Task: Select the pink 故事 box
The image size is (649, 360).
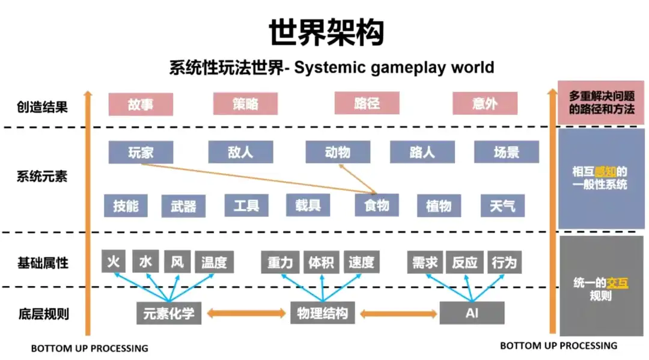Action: [x=141, y=103]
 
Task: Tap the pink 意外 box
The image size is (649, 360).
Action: [x=484, y=103]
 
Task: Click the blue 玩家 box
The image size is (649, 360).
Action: [x=141, y=152]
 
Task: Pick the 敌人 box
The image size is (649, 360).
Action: [x=240, y=152]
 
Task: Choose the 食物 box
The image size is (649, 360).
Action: [x=377, y=206]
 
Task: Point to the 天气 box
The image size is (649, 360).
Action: [x=502, y=206]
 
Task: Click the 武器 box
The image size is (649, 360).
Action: [x=183, y=206]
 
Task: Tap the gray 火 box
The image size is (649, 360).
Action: [x=114, y=262]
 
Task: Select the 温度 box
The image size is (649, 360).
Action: [x=214, y=263]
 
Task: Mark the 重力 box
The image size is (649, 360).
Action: [x=280, y=263]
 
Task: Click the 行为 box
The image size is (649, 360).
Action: [x=504, y=263]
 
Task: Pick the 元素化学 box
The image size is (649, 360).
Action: [x=169, y=313]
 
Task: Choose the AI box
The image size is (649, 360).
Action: [x=472, y=313]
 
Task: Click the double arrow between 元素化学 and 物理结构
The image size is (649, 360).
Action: [x=246, y=313]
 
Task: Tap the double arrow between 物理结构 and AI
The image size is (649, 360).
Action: [x=398, y=313]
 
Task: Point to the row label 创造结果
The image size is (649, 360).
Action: [x=42, y=107]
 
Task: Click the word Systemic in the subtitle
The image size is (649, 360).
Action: [x=328, y=67]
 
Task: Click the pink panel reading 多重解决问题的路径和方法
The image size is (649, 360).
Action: [x=602, y=103]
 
